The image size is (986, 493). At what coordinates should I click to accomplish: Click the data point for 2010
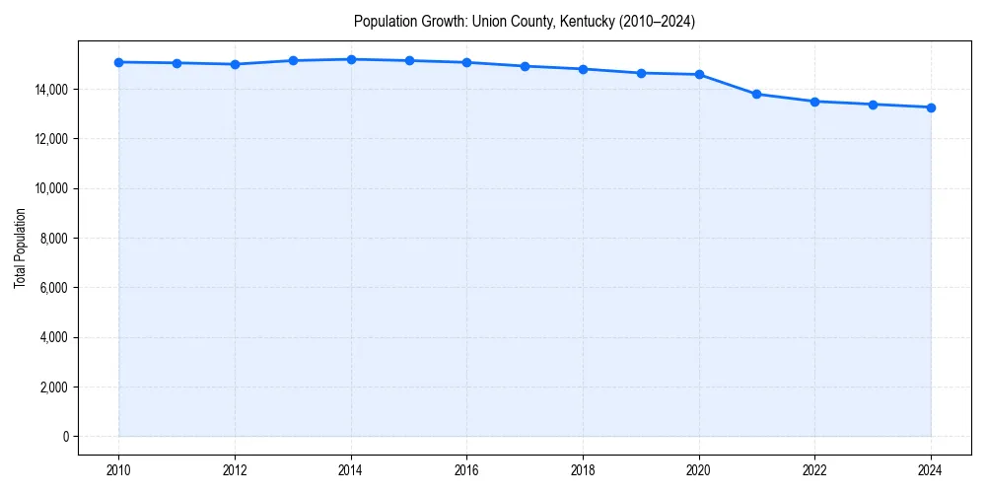pos(118,62)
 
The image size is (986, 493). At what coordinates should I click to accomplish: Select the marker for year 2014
pos(351,59)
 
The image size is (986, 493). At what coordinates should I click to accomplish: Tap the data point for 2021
pos(756,94)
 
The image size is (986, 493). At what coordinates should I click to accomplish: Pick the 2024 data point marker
pos(931,107)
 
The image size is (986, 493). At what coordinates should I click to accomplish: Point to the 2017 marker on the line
pos(525,66)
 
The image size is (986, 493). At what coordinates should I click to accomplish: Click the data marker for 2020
pos(699,74)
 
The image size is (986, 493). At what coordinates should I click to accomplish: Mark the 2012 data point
pos(235,64)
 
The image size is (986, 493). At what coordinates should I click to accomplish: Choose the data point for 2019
pos(641,73)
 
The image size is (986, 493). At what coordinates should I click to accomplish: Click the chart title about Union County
pos(525,22)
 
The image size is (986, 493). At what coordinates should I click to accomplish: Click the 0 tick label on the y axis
pos(64,437)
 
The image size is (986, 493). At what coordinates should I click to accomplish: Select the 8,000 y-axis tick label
pos(52,239)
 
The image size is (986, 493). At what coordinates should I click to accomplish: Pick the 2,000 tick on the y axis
pos(52,387)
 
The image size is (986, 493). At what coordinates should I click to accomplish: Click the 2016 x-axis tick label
pos(466,469)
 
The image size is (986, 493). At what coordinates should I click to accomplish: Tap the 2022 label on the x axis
pos(814,469)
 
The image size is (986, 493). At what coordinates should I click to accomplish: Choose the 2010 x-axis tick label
pos(118,469)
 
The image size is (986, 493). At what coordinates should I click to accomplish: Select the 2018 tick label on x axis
pos(583,469)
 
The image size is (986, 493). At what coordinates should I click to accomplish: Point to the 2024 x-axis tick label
pos(931,469)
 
